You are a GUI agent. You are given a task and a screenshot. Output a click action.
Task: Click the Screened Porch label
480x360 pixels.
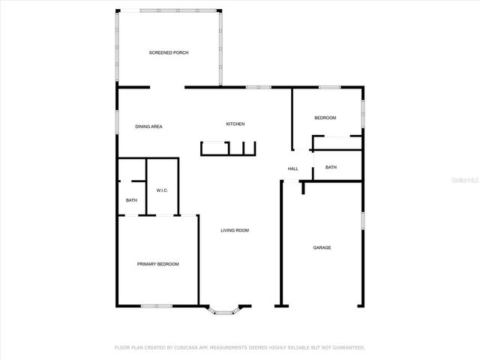[x=168, y=52]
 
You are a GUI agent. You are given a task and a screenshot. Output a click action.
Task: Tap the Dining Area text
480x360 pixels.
[x=148, y=127]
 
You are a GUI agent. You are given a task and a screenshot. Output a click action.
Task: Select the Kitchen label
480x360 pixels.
[x=235, y=124]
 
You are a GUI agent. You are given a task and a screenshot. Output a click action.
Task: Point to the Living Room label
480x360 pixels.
[x=234, y=230]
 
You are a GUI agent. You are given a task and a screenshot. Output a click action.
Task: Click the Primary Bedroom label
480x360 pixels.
[x=157, y=264]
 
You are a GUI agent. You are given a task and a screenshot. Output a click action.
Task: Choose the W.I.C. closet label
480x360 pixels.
[x=162, y=190]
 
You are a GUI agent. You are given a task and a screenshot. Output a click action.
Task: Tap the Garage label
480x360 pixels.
[x=322, y=247]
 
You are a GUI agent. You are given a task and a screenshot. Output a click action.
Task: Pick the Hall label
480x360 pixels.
[x=292, y=169]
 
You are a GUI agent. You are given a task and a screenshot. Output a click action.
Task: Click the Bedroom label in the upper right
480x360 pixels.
[x=325, y=118]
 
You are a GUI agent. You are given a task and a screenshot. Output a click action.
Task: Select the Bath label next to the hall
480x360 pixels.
[x=331, y=167]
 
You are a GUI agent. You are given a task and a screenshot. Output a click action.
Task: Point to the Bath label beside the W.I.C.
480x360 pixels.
[x=131, y=200]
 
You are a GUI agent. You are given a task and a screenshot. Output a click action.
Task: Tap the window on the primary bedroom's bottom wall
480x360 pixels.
[x=157, y=305]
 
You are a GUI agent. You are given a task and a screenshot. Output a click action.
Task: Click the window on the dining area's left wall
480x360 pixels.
[x=116, y=121]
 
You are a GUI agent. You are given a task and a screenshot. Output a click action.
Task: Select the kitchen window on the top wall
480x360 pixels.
[x=259, y=88]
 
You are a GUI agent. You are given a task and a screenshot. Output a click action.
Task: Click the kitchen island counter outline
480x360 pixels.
[x=228, y=148]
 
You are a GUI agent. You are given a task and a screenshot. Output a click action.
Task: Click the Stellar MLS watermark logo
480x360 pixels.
[x=467, y=180]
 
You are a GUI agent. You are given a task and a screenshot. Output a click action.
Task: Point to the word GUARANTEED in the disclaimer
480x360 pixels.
[x=347, y=348]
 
